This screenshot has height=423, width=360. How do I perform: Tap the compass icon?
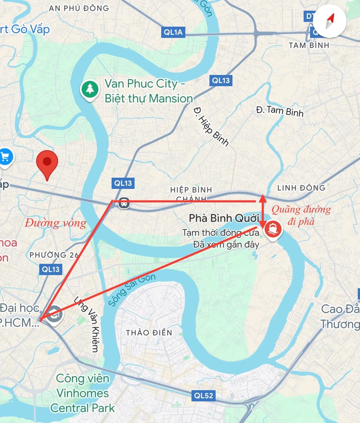click(330, 22)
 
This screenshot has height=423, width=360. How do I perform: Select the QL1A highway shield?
click(174, 32)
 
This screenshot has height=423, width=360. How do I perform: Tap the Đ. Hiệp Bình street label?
click(211, 126)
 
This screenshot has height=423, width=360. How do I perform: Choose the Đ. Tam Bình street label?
click(280, 111)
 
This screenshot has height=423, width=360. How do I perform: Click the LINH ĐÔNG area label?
click(301, 188)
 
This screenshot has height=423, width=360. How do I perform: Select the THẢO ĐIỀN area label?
click(149, 332)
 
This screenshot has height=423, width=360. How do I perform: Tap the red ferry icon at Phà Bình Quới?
click(273, 228)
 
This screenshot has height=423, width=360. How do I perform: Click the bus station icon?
click(124, 204)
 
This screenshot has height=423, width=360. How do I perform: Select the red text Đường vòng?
click(56, 223)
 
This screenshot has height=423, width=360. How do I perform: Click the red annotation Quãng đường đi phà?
click(301, 215)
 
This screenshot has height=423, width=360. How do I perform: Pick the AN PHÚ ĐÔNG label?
click(78, 8)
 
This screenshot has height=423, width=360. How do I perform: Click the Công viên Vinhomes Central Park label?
click(83, 393)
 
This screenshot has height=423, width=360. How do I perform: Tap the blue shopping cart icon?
click(5, 157)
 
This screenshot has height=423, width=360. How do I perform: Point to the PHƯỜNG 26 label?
click(54, 255)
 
